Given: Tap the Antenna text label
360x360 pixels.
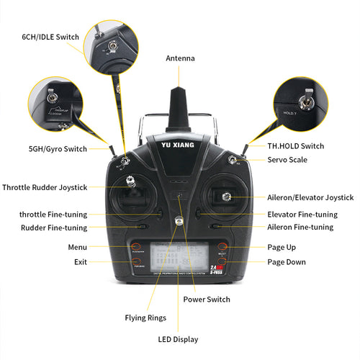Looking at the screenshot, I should pos(180,58).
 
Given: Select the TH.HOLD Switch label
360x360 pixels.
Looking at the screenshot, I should pos(295,146).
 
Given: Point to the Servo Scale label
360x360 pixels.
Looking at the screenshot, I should pos(288,158).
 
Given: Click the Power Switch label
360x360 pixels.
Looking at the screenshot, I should pos(207,299).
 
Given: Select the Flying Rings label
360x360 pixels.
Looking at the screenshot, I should pos(145,318).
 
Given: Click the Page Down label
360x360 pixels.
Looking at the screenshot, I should pos(287,262).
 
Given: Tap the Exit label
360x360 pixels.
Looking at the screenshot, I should pos(80,262).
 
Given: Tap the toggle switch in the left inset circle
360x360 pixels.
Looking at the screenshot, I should pos(52,97).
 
